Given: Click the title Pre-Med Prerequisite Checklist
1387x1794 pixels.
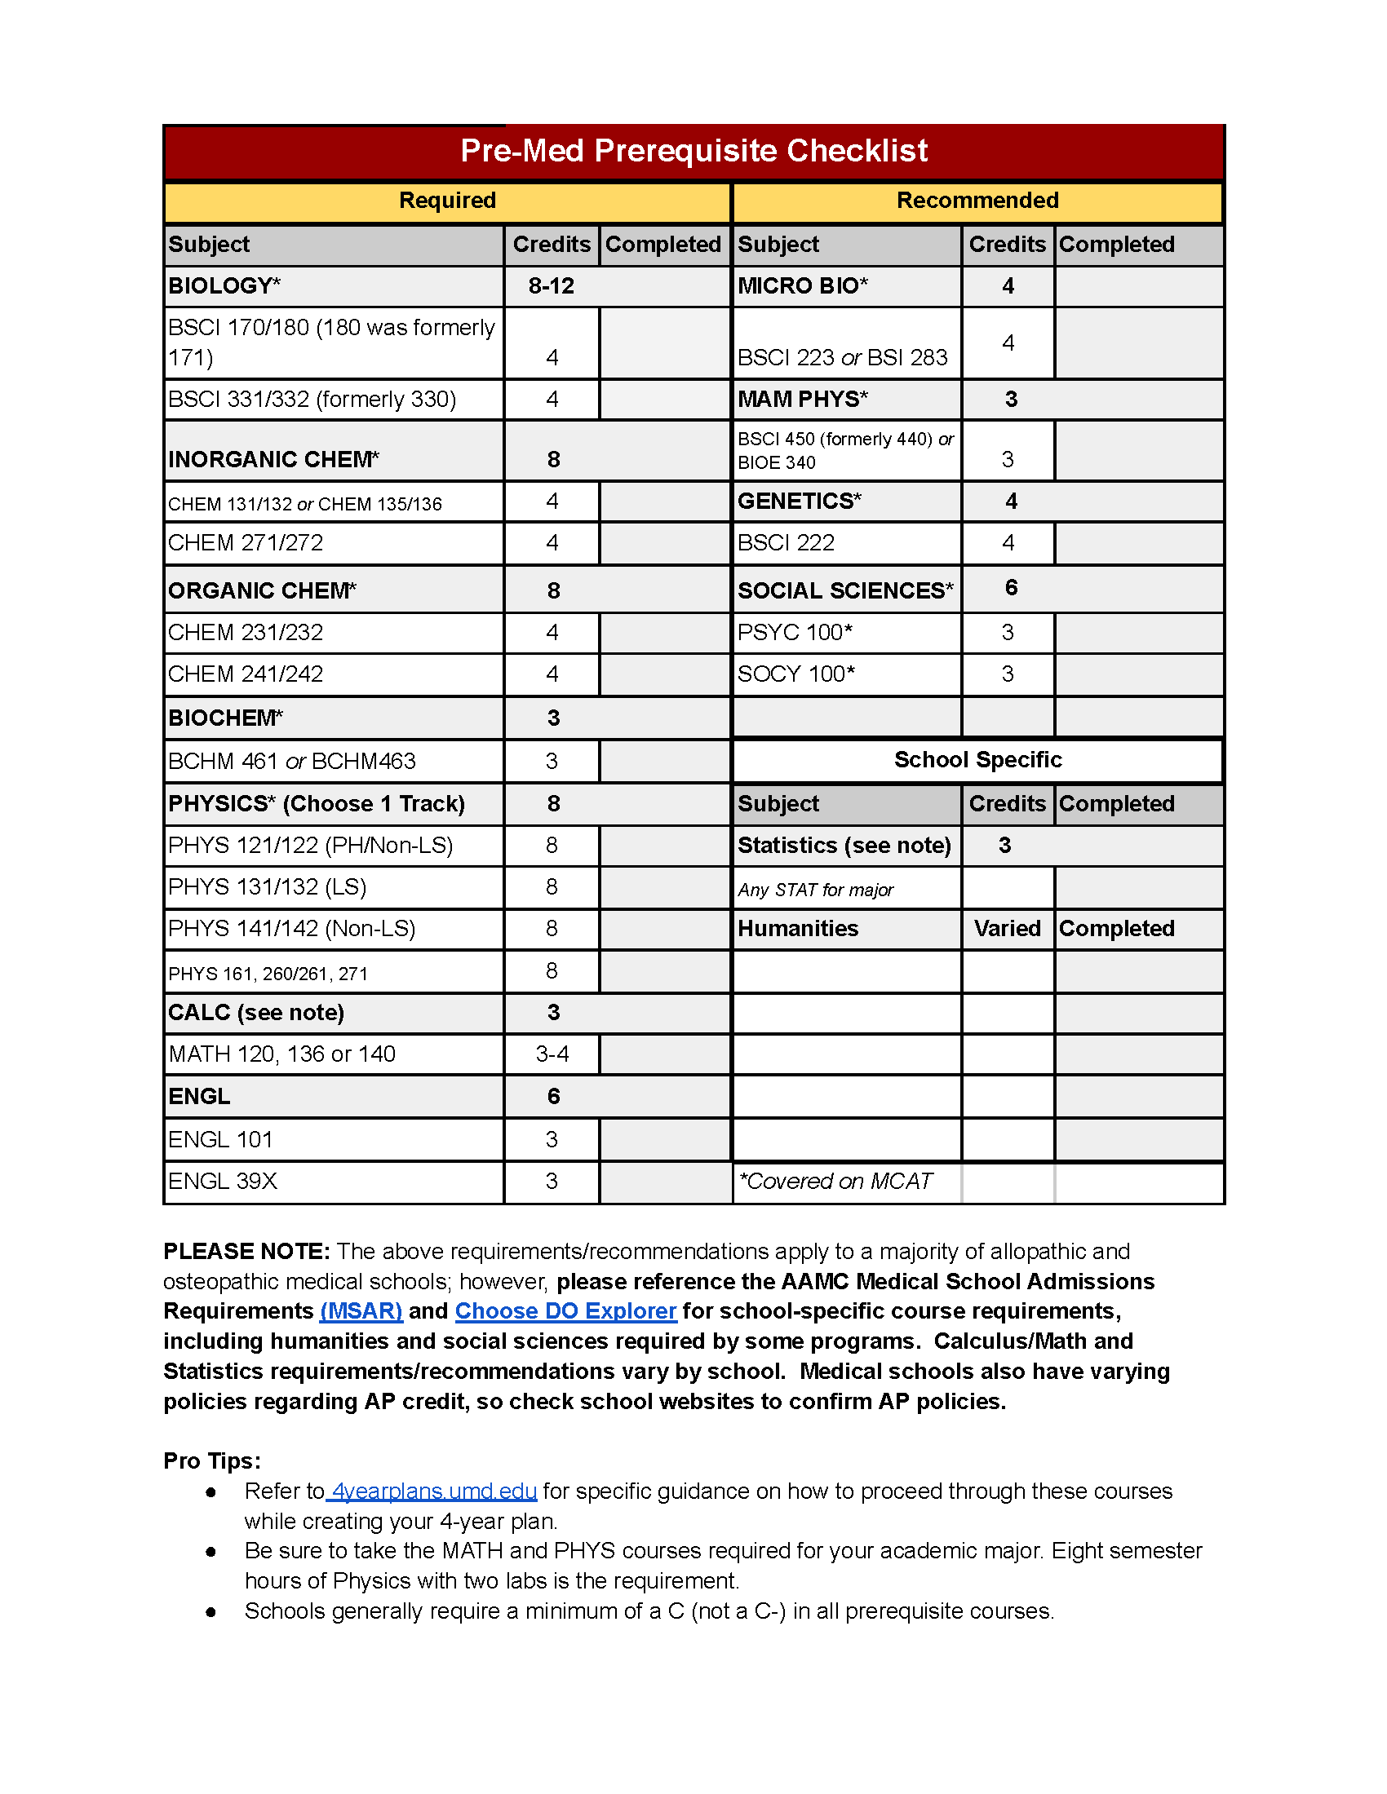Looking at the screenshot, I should (x=693, y=151).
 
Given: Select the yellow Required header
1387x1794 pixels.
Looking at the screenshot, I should (x=447, y=201).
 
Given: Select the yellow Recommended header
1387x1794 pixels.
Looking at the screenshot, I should (x=977, y=201).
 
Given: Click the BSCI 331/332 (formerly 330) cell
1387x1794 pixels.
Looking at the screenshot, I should (x=312, y=400).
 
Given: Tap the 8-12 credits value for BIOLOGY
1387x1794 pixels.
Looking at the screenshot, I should (x=552, y=286).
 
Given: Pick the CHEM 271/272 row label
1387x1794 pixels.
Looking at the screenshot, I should (x=246, y=543).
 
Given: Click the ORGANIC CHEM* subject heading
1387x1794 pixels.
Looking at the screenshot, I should (x=262, y=590).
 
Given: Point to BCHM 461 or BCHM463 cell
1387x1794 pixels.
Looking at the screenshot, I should (x=292, y=762).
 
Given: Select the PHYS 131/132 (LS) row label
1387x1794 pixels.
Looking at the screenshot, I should (x=267, y=887).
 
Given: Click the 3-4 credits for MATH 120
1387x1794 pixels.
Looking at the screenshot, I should (x=552, y=1054).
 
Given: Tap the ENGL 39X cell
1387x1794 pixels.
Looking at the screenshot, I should (x=223, y=1182).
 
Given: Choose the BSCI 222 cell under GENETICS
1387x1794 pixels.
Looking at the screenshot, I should (x=787, y=543).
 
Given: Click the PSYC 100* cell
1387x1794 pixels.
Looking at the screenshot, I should (x=795, y=633).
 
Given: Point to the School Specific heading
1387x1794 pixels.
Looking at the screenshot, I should (x=977, y=760).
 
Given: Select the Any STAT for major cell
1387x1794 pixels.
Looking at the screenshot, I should (x=815, y=890).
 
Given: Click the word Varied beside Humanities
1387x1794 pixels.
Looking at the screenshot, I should (x=1007, y=929).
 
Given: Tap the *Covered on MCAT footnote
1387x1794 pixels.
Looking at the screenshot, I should (x=835, y=1182).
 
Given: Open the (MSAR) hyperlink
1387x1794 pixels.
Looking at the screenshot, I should (x=361, y=1311).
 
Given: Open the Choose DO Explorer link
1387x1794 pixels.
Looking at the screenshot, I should (x=565, y=1311).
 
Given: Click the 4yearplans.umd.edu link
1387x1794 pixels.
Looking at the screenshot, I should (x=434, y=1491).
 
